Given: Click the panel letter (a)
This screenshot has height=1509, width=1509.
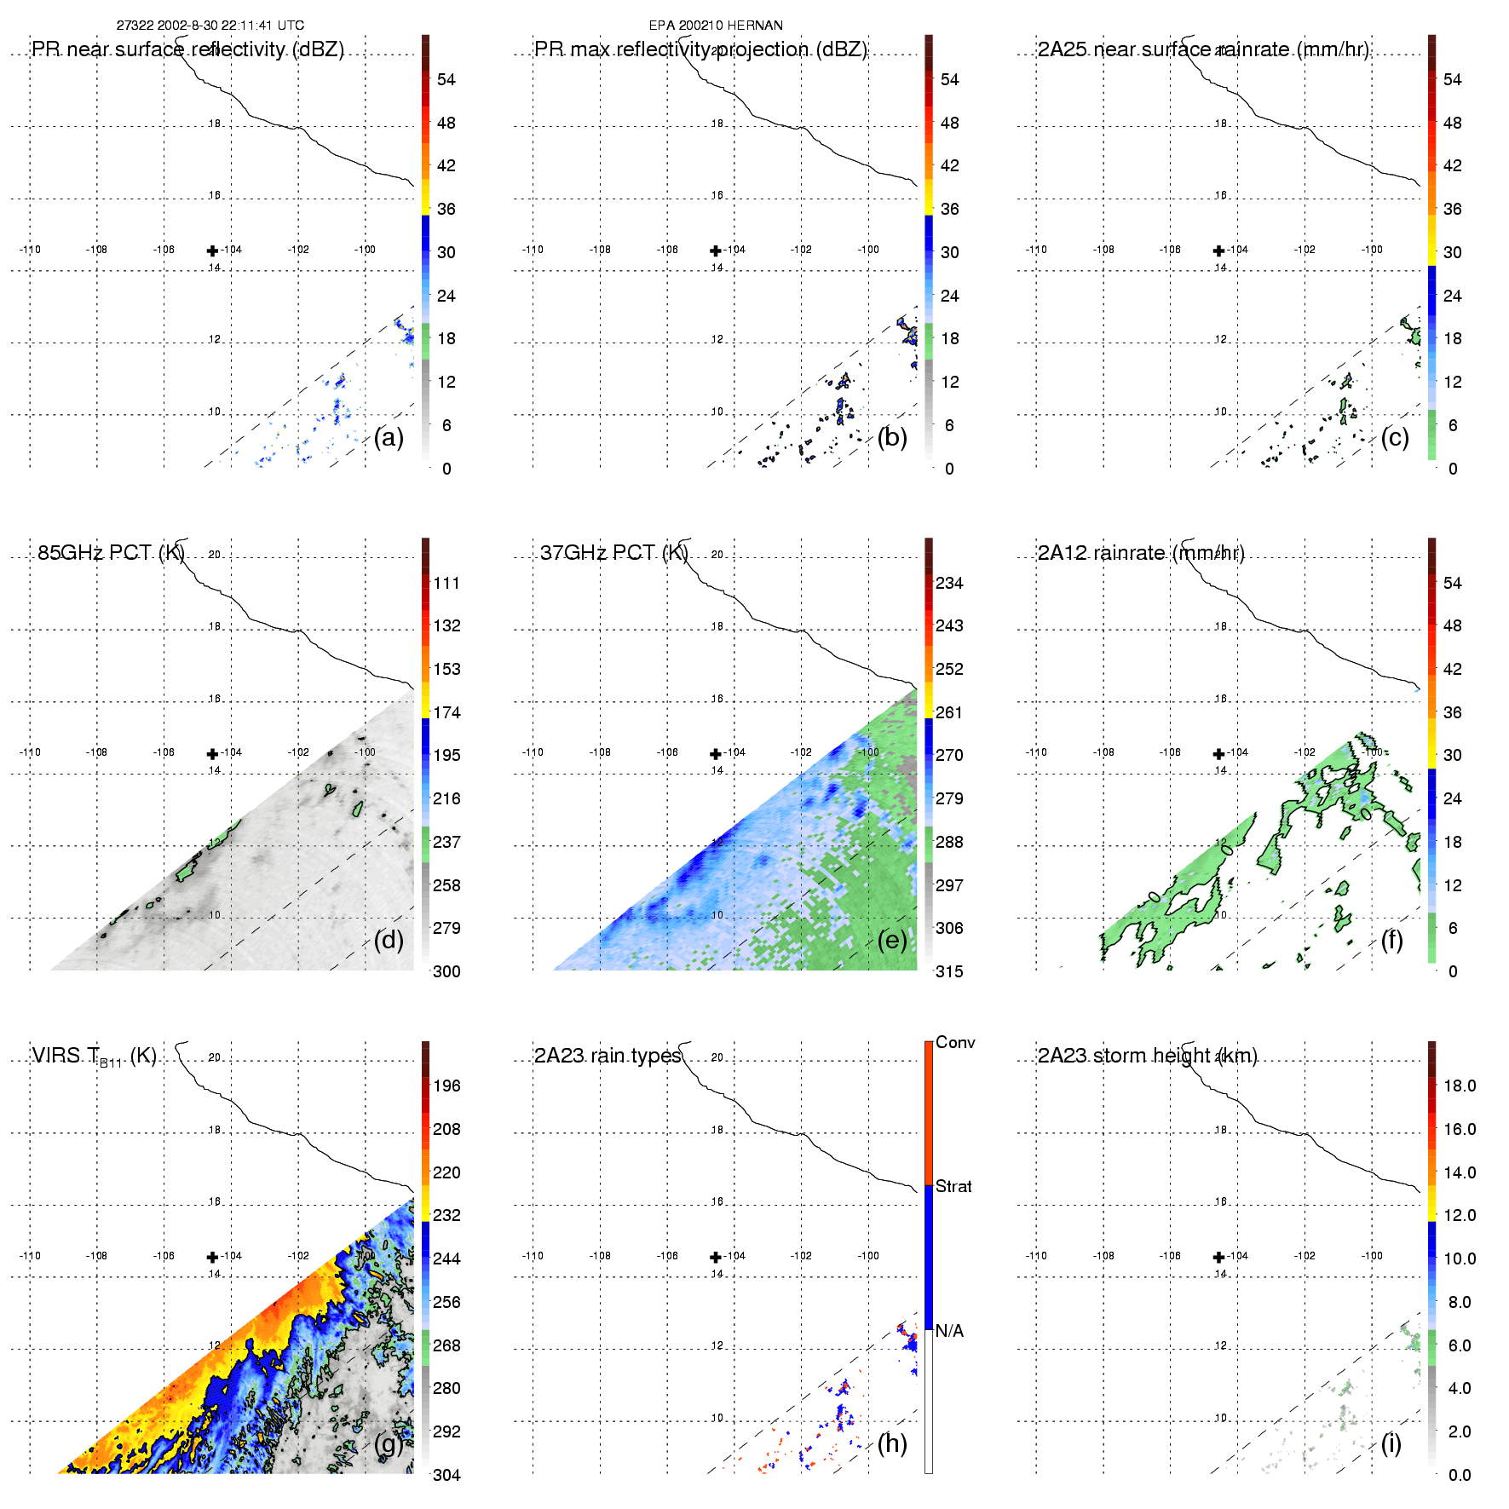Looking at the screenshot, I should tap(389, 438).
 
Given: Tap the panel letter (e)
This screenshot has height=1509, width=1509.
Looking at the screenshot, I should tap(892, 941).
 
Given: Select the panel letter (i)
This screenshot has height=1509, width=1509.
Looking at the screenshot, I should tap(1391, 1443).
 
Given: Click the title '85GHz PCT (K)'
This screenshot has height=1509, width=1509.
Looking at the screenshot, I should tap(111, 553).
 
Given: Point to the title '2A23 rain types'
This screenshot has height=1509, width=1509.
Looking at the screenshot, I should tap(608, 1056).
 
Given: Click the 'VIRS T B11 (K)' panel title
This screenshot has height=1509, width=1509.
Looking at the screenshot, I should tap(94, 1057).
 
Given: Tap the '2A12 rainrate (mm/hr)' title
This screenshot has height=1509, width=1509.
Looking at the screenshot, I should tap(1141, 553).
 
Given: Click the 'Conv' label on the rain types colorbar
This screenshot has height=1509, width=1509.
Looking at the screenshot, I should tap(955, 1042).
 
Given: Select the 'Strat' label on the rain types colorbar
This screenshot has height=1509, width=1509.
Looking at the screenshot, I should tap(953, 1186).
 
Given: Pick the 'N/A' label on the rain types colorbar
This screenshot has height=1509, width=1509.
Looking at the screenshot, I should tap(949, 1331).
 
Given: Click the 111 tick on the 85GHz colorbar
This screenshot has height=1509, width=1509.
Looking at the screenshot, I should tap(446, 584).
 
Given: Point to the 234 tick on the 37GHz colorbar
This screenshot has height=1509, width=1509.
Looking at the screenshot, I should tap(949, 584).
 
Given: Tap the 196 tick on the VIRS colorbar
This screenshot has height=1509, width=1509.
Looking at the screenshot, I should tap(446, 1086).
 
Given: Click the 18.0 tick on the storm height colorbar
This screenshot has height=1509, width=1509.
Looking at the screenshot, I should tap(1459, 1086).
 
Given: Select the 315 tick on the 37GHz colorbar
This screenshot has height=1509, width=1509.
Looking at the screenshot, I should tap(949, 971).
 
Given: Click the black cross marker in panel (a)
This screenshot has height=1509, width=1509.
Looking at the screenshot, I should tap(212, 251).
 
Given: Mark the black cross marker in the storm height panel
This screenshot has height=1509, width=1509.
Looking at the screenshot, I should tap(1218, 1257).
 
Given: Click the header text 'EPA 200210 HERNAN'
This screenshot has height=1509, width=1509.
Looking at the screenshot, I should tap(716, 26).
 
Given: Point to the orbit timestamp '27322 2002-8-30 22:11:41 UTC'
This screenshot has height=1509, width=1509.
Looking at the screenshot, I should tap(210, 26).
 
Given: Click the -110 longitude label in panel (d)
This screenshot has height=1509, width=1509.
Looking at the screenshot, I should tap(30, 752).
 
